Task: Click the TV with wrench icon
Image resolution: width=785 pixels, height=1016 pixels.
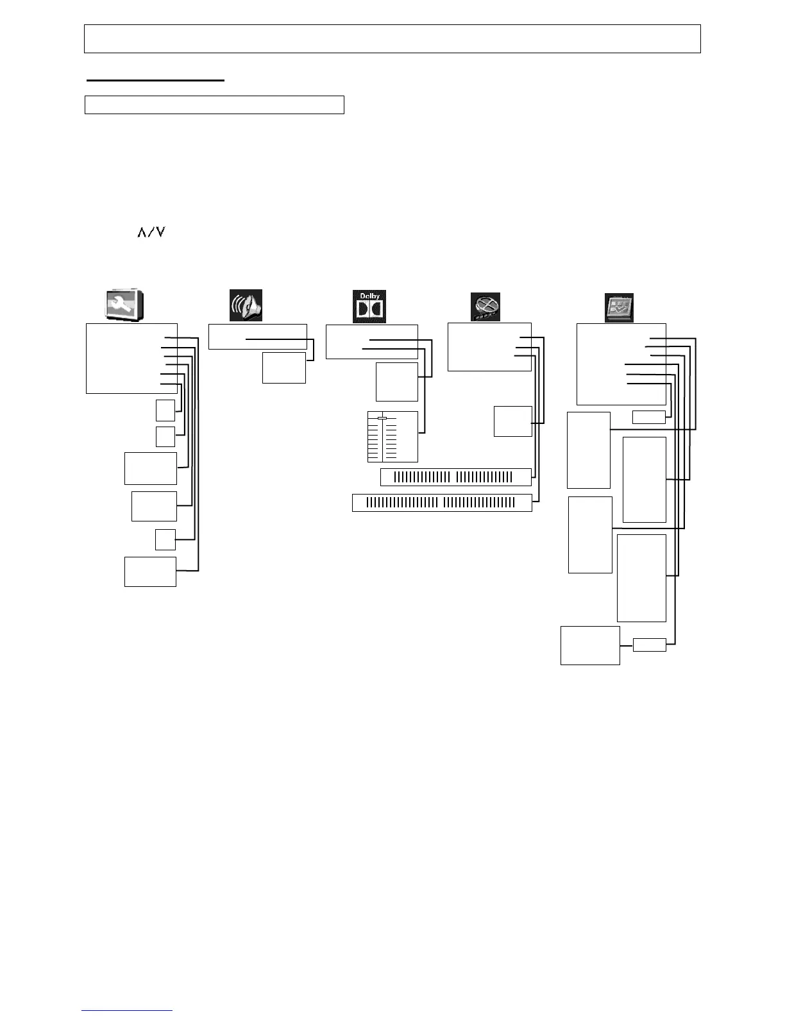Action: pos(124,305)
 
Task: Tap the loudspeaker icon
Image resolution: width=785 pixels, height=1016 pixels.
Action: pos(246,305)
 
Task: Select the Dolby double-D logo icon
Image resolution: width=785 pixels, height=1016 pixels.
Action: pos(369,307)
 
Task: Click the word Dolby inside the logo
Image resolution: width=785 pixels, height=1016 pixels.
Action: pos(369,296)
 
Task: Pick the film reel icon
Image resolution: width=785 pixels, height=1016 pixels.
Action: pos(485,307)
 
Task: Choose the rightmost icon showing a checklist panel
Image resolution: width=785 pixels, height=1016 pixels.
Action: pos(619,307)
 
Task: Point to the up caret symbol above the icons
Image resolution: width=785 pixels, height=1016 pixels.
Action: pos(141,232)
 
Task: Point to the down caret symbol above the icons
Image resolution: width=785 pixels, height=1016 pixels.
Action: pos(160,232)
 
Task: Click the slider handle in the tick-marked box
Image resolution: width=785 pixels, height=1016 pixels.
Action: pos(382,418)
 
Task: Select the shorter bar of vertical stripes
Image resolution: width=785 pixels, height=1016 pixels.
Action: pos(455,477)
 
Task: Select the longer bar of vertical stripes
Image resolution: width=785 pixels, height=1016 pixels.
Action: pos(442,502)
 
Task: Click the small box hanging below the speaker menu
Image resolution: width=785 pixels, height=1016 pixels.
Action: pos(283,368)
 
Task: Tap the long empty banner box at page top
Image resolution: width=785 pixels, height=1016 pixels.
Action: pos(392,38)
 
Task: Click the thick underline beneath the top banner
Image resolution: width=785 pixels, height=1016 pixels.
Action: pos(155,80)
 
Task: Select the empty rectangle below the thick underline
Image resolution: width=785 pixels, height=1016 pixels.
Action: pos(214,105)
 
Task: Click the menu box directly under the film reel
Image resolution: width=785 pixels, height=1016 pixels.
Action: pos(489,346)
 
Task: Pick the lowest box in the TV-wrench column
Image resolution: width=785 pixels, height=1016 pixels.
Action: pos(150,571)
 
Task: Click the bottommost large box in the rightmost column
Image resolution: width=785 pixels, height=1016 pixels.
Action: pos(590,645)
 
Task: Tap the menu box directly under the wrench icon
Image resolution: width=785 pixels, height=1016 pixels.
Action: pos(131,358)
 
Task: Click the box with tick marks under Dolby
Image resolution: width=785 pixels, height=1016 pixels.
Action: pos(393,436)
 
